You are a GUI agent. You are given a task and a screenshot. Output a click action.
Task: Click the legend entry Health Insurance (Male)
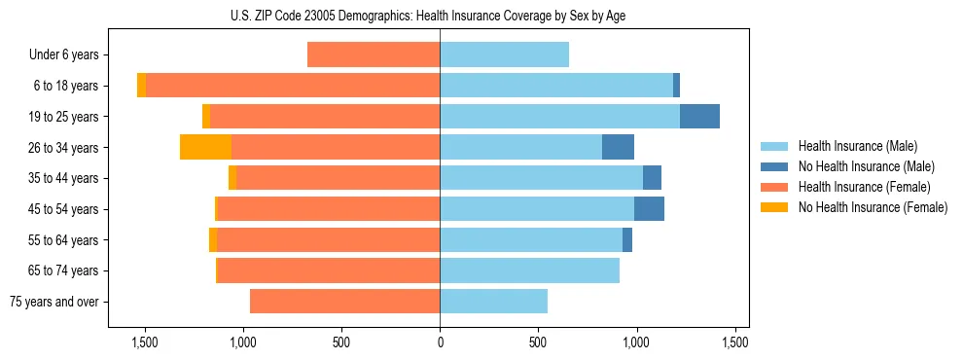tap(857, 146)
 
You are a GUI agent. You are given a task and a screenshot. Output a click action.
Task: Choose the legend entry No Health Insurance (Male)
tap(866, 166)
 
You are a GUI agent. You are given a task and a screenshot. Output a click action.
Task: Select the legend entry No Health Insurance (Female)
tap(873, 207)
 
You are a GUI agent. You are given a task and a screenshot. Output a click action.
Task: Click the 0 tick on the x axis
tap(440, 342)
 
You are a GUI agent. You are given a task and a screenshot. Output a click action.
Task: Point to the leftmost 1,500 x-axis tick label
tap(145, 342)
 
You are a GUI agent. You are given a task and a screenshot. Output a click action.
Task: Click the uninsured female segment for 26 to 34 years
tap(205, 148)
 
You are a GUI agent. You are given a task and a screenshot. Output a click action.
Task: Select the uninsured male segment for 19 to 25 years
tap(699, 117)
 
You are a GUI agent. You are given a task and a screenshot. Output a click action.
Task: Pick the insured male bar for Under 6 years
tap(504, 55)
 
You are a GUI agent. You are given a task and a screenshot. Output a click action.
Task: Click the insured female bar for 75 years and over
tap(344, 302)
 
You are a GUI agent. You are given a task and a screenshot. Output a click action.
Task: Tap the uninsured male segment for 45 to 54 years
tap(649, 209)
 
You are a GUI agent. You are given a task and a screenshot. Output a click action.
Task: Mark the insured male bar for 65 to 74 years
tap(529, 270)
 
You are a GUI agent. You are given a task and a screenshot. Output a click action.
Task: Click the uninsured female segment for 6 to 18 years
tap(142, 86)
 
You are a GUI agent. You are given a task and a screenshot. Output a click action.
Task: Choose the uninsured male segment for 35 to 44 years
tap(652, 178)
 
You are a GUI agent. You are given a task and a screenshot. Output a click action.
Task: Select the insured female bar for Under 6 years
tap(374, 55)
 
